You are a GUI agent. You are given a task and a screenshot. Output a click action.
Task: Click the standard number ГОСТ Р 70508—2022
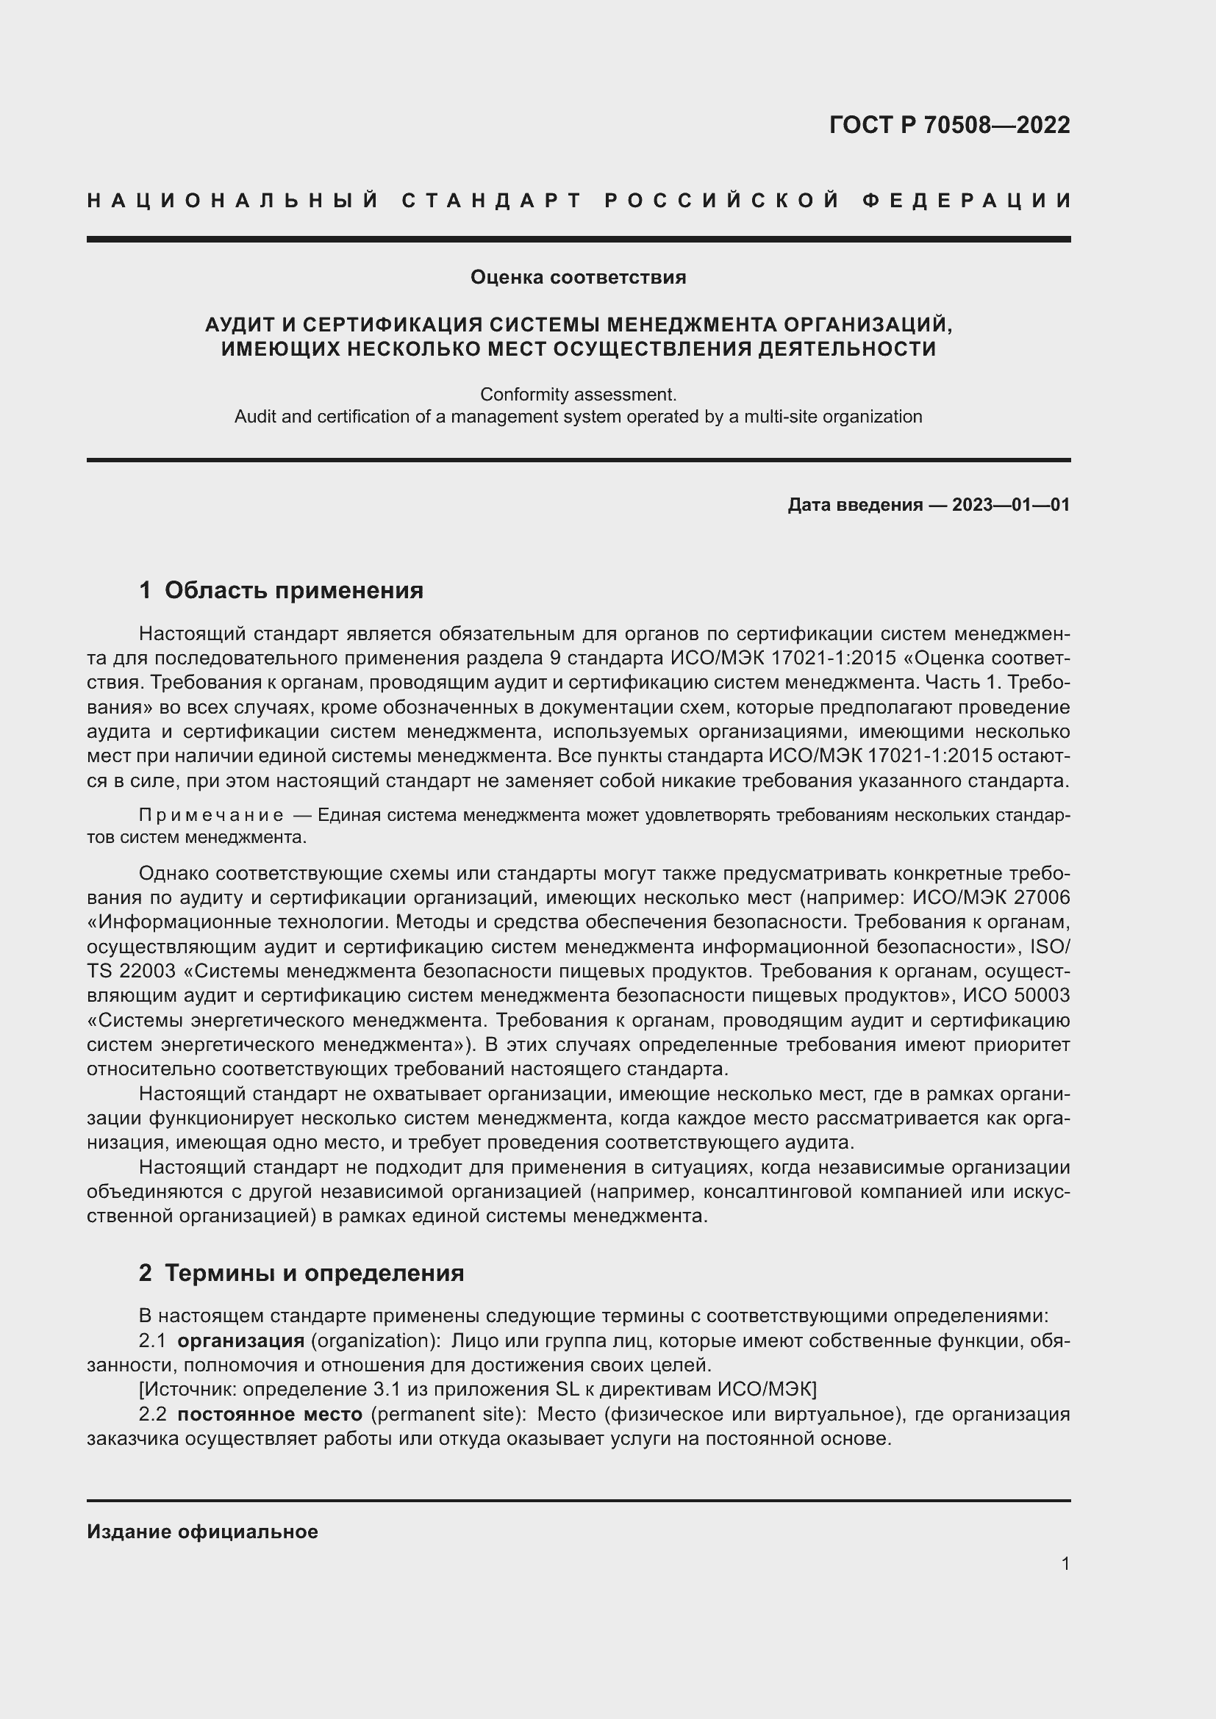point(949,125)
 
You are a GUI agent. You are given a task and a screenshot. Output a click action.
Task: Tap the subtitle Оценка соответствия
point(578,278)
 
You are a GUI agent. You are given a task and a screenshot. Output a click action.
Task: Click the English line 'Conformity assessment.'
point(578,394)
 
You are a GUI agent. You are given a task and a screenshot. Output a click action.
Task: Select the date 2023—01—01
point(1011,505)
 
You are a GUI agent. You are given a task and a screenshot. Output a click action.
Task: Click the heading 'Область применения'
point(293,591)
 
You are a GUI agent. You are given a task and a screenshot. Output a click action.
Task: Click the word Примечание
point(211,814)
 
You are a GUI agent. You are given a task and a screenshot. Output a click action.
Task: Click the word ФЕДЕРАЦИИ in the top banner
point(968,201)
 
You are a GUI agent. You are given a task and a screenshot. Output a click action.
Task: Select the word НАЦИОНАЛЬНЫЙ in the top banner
point(233,201)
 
